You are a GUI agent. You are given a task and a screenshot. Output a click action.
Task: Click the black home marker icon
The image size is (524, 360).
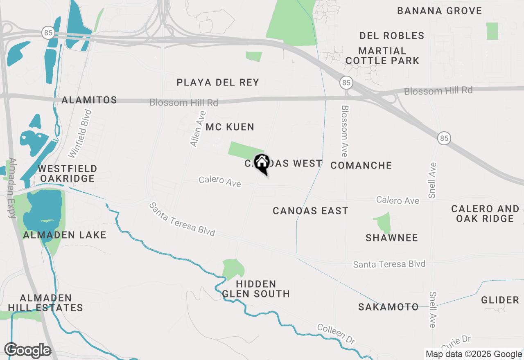click(x=262, y=163)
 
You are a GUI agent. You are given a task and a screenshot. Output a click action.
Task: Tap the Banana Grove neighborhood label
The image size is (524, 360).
click(x=440, y=11)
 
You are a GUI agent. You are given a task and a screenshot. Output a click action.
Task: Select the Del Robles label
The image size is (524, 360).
click(x=392, y=36)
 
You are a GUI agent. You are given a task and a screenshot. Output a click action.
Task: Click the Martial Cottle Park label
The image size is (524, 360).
click(x=382, y=56)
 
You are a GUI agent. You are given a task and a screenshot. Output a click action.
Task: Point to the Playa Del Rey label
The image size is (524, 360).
click(x=218, y=83)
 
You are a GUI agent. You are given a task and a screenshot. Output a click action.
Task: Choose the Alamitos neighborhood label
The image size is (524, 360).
click(x=89, y=100)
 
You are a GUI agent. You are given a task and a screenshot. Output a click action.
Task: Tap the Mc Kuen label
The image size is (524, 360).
click(x=230, y=127)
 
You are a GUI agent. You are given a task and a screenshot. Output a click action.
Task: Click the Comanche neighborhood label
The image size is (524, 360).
click(x=361, y=165)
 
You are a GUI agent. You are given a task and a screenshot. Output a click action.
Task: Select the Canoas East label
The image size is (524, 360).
click(x=310, y=211)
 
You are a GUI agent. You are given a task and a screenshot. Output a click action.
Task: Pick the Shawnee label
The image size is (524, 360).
click(x=392, y=238)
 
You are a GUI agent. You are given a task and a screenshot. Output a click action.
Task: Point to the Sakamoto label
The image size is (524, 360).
click(x=388, y=307)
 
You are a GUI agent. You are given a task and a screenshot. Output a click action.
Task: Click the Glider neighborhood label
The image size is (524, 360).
click(x=500, y=300)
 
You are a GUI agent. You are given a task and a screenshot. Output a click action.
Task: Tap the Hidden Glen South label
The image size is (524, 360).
click(x=256, y=289)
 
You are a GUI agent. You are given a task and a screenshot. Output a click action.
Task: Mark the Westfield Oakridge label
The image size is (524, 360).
click(x=68, y=174)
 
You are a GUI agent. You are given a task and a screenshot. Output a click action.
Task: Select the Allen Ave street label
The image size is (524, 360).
click(x=198, y=129)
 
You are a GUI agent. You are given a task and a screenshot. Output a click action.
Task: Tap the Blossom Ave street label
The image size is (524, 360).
click(x=345, y=131)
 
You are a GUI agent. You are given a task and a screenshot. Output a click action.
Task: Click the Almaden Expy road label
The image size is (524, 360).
click(x=12, y=188)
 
